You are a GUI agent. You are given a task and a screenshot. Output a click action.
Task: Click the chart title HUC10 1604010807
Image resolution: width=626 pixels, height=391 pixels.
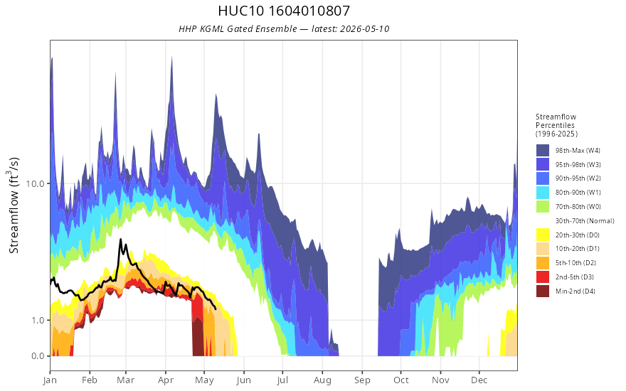pyautogui.click(x=284, y=11)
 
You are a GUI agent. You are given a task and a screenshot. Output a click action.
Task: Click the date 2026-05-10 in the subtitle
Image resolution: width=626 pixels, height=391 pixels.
pyautogui.click(x=364, y=29)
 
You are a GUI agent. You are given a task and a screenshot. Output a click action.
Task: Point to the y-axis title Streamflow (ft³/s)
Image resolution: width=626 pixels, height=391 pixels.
pyautogui.click(x=14, y=205)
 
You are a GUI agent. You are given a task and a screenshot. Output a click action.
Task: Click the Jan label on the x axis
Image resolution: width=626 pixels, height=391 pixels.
pyautogui.click(x=51, y=380)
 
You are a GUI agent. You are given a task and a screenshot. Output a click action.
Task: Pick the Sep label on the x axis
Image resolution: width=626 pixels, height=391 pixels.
pyautogui.click(x=363, y=380)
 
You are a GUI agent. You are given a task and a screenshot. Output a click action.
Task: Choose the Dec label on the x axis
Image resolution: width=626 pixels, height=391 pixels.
pyautogui.click(x=479, y=380)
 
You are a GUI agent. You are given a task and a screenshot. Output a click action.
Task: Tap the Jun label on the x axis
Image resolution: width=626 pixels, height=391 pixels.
pyautogui.click(x=243, y=380)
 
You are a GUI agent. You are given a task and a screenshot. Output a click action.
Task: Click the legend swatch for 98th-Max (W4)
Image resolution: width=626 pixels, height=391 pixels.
pyautogui.click(x=543, y=151)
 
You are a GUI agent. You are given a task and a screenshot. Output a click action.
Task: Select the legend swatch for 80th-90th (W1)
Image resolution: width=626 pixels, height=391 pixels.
pyautogui.click(x=543, y=193)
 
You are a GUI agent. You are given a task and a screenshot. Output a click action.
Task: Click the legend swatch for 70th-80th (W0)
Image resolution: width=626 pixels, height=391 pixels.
pyautogui.click(x=543, y=207)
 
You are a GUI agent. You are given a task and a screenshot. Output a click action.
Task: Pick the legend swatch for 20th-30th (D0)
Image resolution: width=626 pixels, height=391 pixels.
pyautogui.click(x=543, y=235)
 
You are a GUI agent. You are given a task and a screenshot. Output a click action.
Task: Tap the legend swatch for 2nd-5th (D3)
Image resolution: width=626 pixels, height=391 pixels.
pyautogui.click(x=543, y=277)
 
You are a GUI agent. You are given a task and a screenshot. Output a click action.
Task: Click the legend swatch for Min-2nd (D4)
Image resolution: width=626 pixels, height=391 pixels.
pyautogui.click(x=543, y=291)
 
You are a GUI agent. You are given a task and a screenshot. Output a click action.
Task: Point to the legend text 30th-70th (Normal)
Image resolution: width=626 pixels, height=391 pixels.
pyautogui.click(x=585, y=221)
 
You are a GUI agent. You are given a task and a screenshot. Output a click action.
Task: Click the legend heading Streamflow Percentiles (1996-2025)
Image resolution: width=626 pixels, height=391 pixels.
pyautogui.click(x=556, y=125)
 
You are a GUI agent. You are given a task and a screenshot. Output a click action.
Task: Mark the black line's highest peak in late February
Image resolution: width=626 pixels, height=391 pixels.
pyautogui.click(x=120, y=240)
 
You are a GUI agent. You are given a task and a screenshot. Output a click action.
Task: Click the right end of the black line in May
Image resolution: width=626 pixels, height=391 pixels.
pyautogui.click(x=216, y=309)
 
